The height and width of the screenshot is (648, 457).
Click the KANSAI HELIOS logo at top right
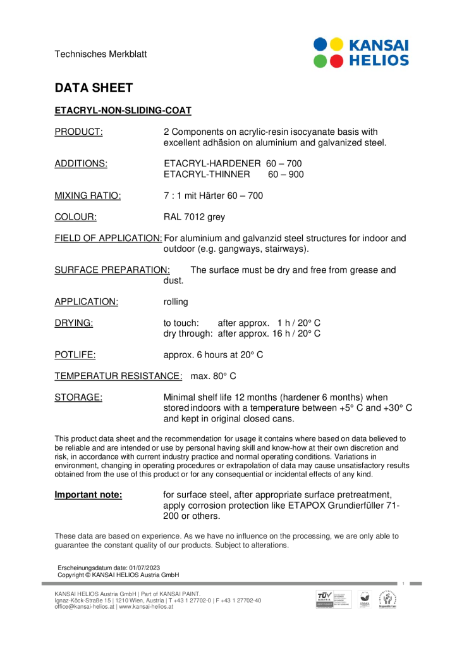point(361,53)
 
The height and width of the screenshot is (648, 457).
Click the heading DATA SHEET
point(94,87)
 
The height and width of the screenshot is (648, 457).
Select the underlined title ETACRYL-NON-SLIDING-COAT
point(123,111)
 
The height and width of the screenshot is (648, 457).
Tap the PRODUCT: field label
point(78,132)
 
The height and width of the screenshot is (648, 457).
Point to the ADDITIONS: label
point(81,164)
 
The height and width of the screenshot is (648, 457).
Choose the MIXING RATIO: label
point(88,196)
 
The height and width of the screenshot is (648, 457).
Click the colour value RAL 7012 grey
point(194,217)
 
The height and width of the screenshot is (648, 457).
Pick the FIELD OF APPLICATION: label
point(108,239)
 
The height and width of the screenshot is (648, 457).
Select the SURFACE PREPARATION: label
point(112,270)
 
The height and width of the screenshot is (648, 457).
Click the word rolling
point(176,302)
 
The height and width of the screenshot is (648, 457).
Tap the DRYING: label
point(74,323)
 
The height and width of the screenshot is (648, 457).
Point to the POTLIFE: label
point(75,355)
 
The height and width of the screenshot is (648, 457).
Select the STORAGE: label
point(78,397)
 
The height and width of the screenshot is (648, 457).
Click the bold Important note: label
point(88,495)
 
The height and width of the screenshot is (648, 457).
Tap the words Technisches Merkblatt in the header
point(101,54)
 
